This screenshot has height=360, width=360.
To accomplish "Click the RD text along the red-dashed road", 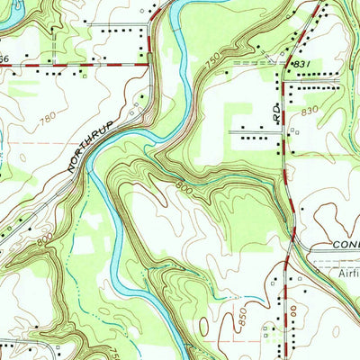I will point(276,112).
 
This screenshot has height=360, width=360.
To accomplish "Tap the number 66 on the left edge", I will point(4,58).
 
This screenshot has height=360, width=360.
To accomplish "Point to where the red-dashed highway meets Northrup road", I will point(148,65).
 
